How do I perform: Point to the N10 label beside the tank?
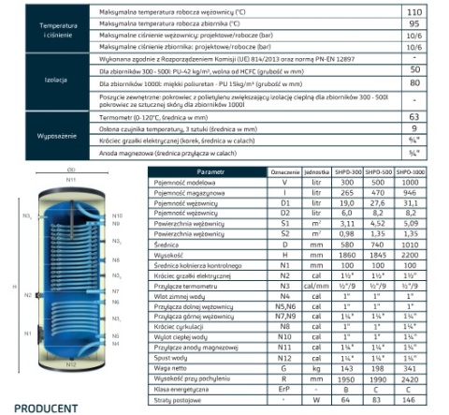[117, 216]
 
